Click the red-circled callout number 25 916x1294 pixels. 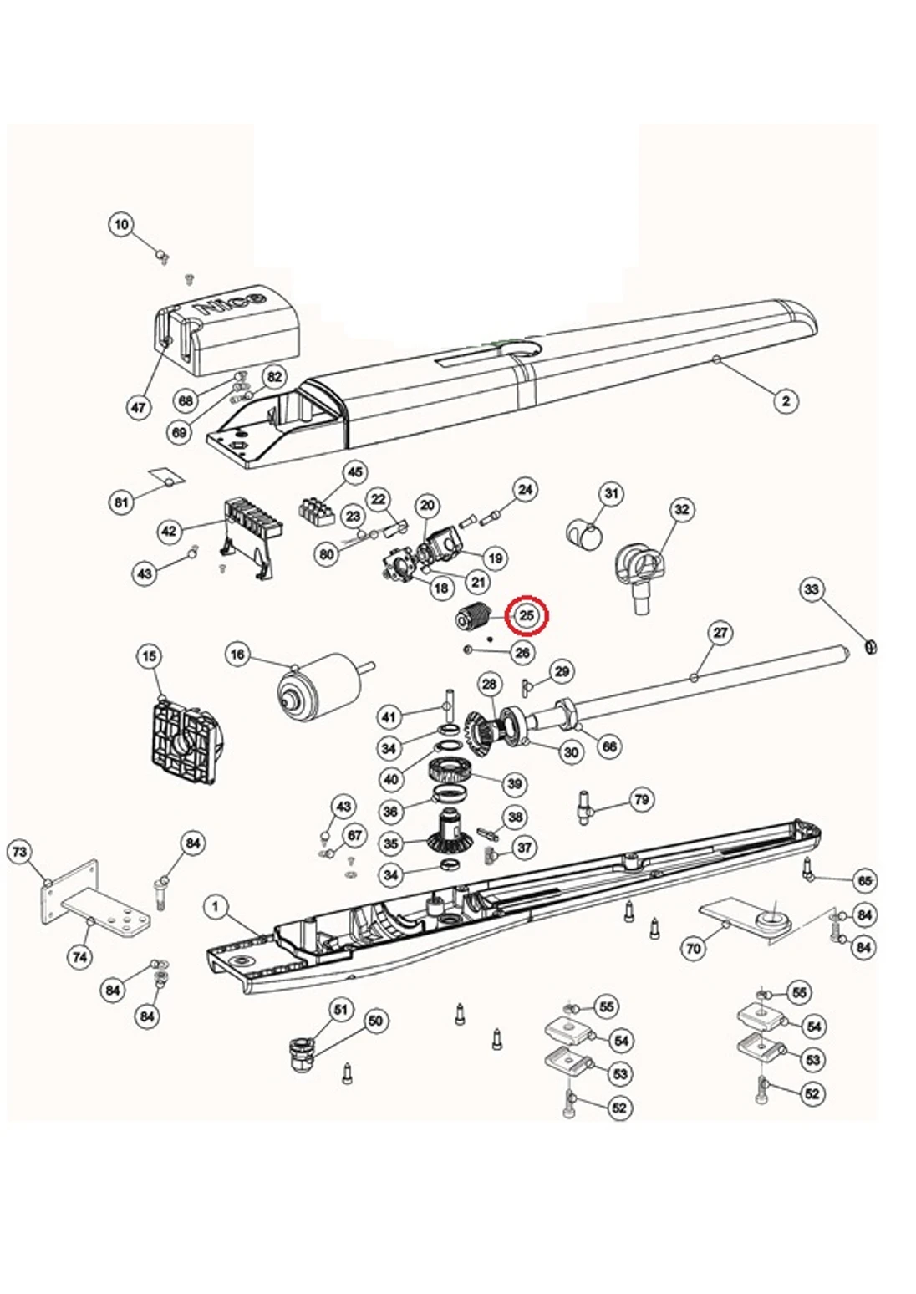pyautogui.click(x=527, y=616)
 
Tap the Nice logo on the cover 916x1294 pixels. pyautogui.click(x=232, y=302)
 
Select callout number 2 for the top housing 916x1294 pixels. pyautogui.click(x=785, y=401)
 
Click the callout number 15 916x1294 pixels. pyautogui.click(x=149, y=657)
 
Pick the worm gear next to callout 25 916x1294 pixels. pyautogui.click(x=475, y=619)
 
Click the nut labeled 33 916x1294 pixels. pyautogui.click(x=868, y=646)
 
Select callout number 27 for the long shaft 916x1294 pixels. pyautogui.click(x=720, y=633)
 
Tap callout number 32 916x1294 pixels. pyautogui.click(x=682, y=510)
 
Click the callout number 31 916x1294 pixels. pyautogui.click(x=612, y=493)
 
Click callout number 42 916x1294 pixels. pyautogui.click(x=170, y=532)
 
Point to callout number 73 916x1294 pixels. pyautogui.click(x=19, y=853)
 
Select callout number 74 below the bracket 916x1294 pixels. pyautogui.click(x=80, y=956)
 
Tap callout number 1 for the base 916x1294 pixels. pyautogui.click(x=216, y=907)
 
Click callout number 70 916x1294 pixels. pyautogui.click(x=694, y=949)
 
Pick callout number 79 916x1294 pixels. pyautogui.click(x=641, y=800)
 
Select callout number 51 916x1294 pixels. pyautogui.click(x=340, y=1010)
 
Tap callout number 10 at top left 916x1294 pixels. pyautogui.click(x=122, y=224)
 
